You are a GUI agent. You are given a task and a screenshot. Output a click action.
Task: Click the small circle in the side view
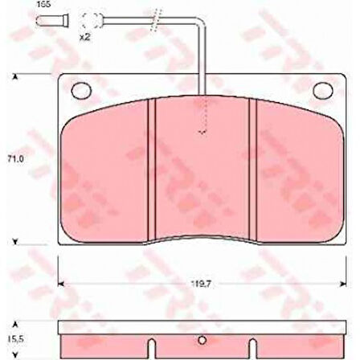[x=201, y=337]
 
